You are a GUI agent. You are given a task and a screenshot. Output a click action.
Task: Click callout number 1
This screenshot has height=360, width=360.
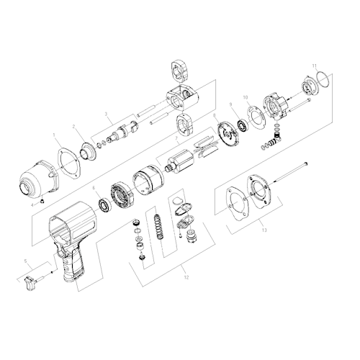click(54, 134)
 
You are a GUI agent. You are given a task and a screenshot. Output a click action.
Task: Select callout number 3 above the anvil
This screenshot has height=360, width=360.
click(107, 114)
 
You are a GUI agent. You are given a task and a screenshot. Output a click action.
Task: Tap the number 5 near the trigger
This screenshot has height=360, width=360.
click(27, 261)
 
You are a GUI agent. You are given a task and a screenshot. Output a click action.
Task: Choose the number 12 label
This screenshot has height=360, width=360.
click(186, 276)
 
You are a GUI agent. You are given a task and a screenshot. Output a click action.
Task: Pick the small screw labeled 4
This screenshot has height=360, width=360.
click(42, 199)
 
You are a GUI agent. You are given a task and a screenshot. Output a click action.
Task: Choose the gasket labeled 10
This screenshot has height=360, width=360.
click(253, 116)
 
